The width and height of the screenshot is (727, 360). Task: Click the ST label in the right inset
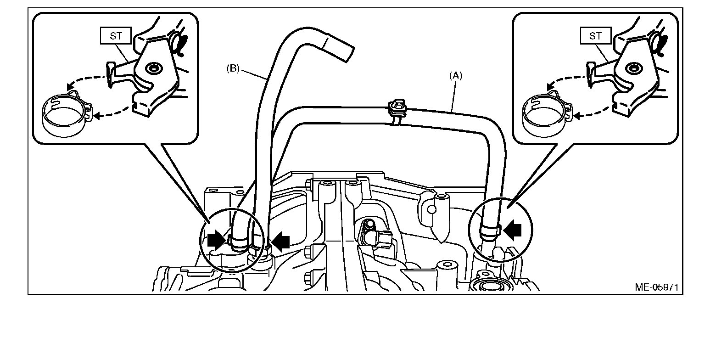(596, 36)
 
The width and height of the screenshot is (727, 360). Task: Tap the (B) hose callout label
(233, 69)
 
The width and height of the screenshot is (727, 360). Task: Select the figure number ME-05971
(656, 287)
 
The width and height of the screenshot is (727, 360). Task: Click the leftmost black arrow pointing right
(215, 239)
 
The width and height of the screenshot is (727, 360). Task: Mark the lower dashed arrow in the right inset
(592, 112)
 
